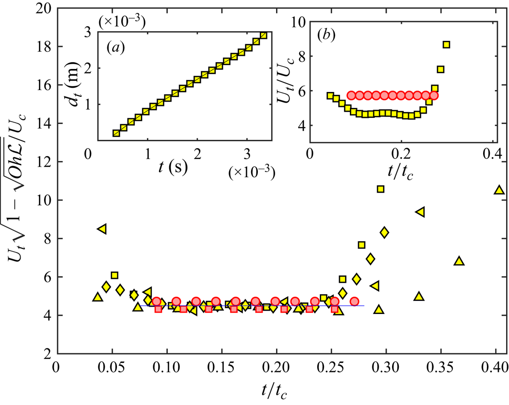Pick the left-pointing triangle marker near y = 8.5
pyautogui.click(x=102, y=229)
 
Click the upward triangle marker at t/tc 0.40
pyautogui.click(x=499, y=190)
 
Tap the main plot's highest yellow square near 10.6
pyautogui.click(x=381, y=189)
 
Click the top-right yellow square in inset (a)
pyautogui.click(x=263, y=35)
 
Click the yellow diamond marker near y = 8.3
pyautogui.click(x=384, y=232)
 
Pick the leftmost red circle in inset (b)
pyautogui.click(x=351, y=95)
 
